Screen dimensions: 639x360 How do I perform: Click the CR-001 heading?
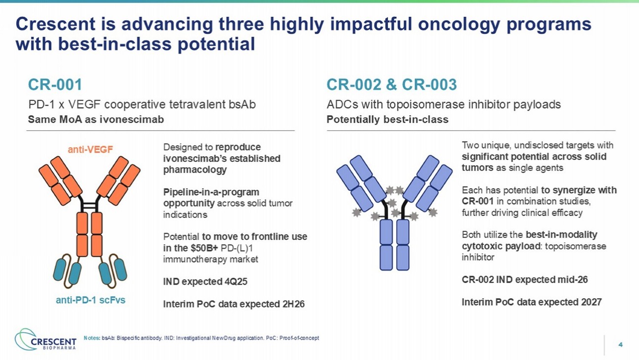coord(55,84)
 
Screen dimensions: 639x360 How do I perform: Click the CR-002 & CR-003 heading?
coord(391,84)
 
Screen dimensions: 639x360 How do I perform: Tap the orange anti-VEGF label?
coord(90,149)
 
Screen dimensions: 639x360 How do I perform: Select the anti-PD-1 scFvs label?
coord(90,300)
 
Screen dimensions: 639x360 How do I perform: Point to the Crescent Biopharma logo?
coord(46,339)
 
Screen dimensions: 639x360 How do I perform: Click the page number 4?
coord(620,345)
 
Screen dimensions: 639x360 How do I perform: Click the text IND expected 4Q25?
coord(205,282)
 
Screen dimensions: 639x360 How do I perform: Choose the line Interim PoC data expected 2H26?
coord(234,304)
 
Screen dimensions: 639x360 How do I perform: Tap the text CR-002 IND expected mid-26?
coord(525,280)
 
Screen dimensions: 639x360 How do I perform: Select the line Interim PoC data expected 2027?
coord(532,302)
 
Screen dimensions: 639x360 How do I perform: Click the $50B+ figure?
coord(204,248)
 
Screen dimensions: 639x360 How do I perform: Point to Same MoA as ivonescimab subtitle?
coord(96,119)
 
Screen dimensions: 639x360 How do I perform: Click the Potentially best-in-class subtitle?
coord(388,119)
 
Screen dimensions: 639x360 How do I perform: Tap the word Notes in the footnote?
coord(91,338)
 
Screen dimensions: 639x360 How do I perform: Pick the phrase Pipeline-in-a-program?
coord(211,192)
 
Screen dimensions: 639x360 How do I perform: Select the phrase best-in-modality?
coord(562,235)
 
